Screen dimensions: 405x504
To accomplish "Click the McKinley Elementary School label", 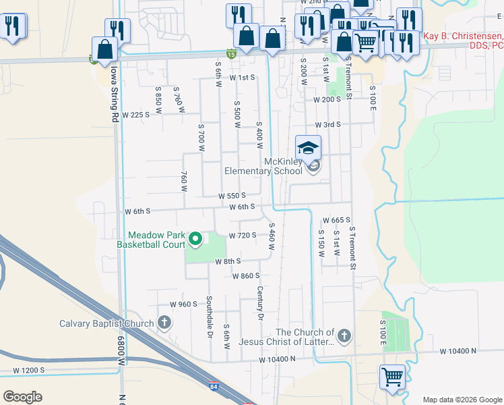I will click(263, 165).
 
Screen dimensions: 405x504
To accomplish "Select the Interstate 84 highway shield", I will click(214, 386).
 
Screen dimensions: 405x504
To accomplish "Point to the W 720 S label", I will click(243, 236).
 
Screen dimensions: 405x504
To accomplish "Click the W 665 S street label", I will click(336, 221).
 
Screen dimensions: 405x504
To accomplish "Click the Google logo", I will click(23, 397).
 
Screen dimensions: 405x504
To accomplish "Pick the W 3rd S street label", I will click(328, 125).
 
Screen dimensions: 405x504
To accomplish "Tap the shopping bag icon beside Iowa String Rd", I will click(105, 49).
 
